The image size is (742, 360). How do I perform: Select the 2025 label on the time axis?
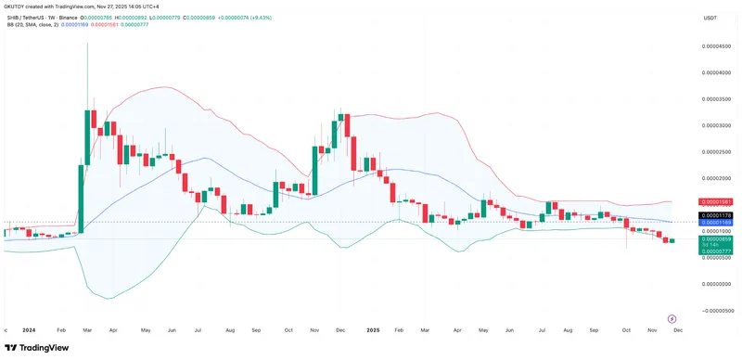[373, 329]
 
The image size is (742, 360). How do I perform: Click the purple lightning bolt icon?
[671, 317]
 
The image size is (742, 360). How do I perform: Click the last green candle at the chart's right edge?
[672, 241]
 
